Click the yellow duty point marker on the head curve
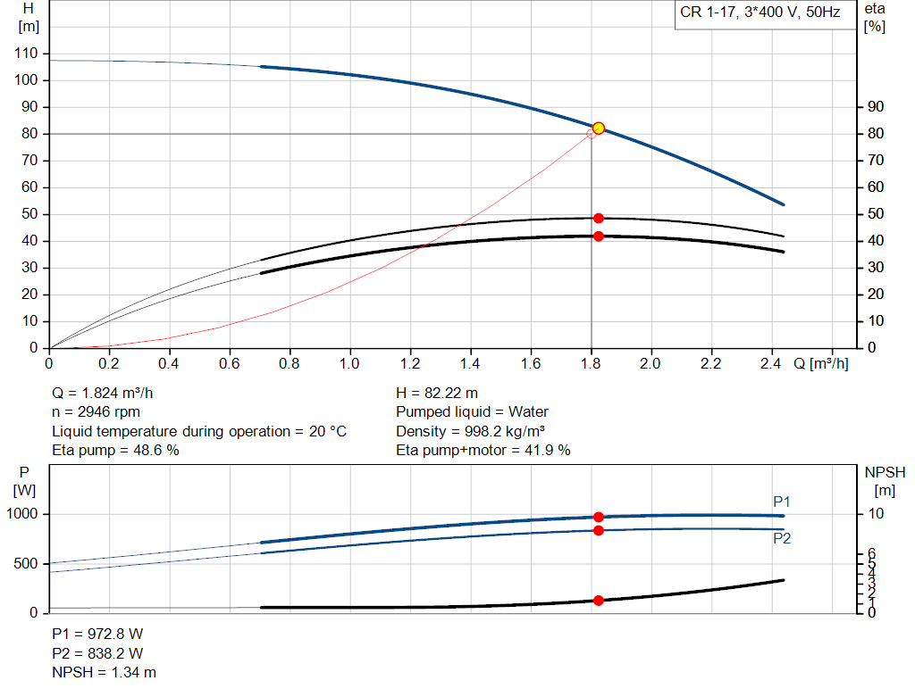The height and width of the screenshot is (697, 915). coord(599,129)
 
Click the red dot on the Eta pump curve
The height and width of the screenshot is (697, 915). coord(599,219)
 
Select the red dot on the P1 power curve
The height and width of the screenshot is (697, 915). coord(599,517)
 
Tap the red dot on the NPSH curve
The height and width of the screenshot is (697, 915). coord(599,601)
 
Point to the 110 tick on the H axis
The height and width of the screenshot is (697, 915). coord(27,54)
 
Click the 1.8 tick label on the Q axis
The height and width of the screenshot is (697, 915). coord(591,363)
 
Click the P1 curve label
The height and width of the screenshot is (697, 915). coord(782,502)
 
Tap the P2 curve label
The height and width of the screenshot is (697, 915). coord(782,538)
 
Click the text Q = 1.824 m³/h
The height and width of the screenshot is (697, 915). coord(109,393)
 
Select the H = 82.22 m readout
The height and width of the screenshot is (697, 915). coord(436,393)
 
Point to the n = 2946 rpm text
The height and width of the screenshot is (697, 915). coord(97,412)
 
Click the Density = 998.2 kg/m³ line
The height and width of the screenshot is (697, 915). coord(471,431)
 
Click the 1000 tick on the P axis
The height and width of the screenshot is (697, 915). coord(24,515)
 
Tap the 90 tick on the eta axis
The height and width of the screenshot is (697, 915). coord(876,107)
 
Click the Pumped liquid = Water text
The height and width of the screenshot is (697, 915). coord(472,412)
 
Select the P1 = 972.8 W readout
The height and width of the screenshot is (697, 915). coord(97,634)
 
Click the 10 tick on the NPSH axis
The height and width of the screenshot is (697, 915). coord(875,515)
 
